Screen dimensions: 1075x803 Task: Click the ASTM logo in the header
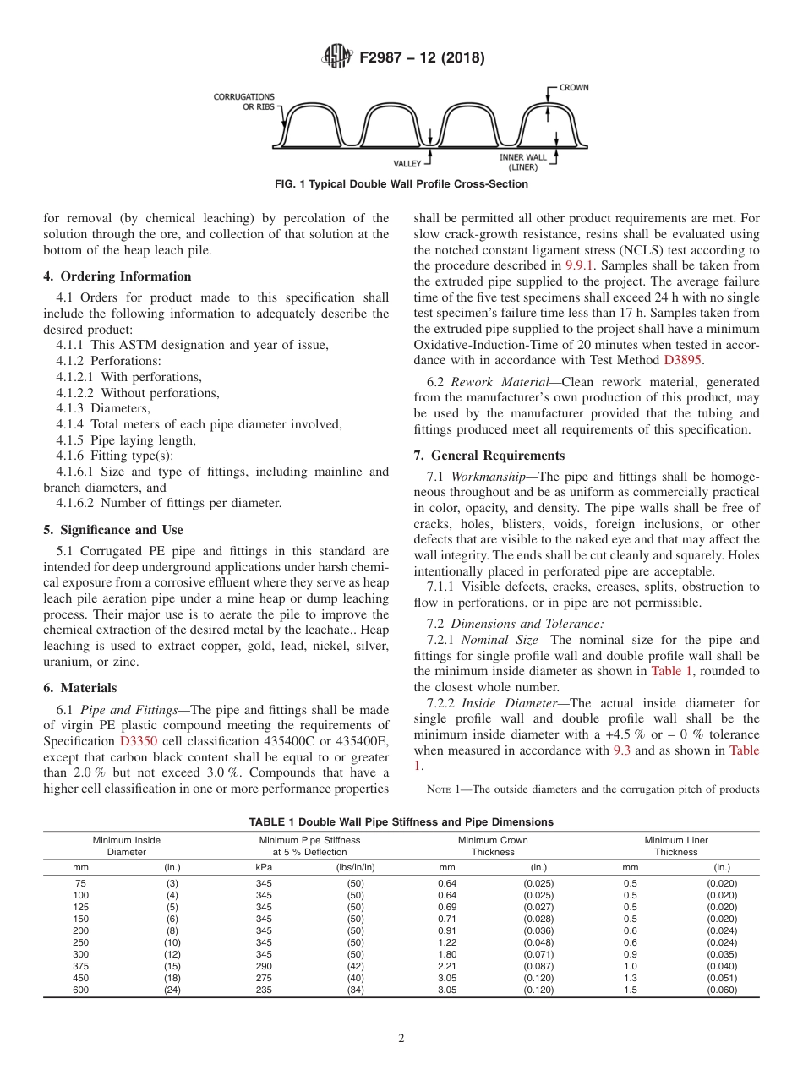point(338,57)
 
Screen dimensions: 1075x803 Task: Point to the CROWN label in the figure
point(574,87)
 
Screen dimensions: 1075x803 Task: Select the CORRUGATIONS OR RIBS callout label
point(244,102)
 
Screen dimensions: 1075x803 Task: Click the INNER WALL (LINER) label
point(523,161)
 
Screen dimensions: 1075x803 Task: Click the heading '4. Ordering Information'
point(117,276)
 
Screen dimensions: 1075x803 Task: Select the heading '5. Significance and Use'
point(112,530)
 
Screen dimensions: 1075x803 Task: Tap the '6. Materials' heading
point(80,688)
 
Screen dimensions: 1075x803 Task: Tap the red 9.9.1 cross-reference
point(579,265)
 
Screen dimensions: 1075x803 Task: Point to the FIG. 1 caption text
point(401,184)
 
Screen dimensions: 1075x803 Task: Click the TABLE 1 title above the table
point(401,821)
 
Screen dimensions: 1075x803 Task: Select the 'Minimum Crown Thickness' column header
point(492,846)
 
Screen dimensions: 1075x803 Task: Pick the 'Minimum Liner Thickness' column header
point(675,846)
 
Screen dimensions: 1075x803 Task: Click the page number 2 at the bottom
point(401,1039)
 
